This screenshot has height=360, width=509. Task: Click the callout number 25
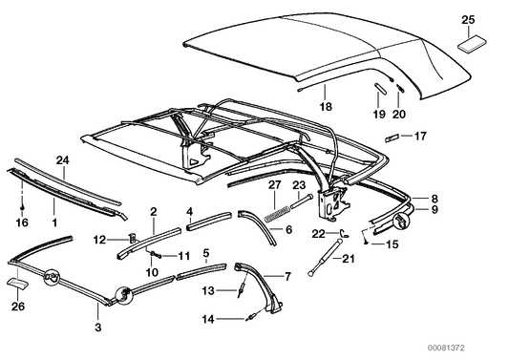click(x=467, y=19)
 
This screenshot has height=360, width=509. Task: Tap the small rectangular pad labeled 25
click(x=471, y=42)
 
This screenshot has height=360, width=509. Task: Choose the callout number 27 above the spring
click(x=272, y=183)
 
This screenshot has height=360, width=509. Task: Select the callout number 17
click(x=419, y=136)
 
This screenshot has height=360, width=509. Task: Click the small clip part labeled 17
click(x=392, y=136)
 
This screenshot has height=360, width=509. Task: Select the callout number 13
click(x=208, y=289)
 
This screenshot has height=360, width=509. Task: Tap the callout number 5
click(x=206, y=253)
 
